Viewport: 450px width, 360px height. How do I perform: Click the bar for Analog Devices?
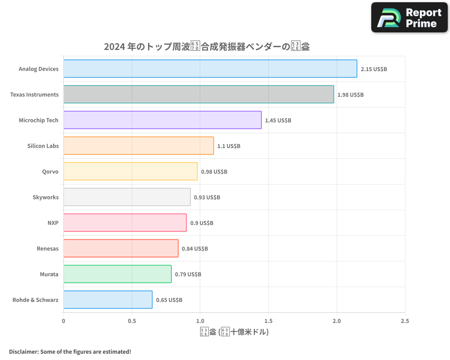[x=210, y=69]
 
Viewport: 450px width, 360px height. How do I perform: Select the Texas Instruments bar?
[x=198, y=94]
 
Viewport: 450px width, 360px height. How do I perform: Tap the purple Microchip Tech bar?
[x=162, y=120]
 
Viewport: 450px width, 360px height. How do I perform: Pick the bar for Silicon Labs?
[x=139, y=146]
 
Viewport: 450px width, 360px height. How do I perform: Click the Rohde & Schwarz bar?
[x=108, y=300]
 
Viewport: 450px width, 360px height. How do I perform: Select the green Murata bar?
[x=117, y=274]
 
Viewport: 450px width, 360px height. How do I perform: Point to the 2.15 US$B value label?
[x=374, y=69]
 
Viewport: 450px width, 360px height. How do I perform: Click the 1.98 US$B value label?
[x=351, y=95]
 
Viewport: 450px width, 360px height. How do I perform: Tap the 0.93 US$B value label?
[x=207, y=198]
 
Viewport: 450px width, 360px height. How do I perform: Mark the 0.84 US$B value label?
[x=195, y=249]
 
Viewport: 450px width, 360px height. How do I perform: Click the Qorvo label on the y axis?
[x=50, y=171]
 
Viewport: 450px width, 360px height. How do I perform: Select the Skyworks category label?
[x=45, y=197]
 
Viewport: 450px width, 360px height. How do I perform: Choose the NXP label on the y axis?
[x=53, y=223]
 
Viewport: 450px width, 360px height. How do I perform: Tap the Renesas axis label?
[x=47, y=248]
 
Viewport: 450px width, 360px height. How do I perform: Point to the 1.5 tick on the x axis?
[x=268, y=321]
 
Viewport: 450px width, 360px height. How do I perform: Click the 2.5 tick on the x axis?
[x=405, y=321]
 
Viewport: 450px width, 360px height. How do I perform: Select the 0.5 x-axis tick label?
[x=132, y=321]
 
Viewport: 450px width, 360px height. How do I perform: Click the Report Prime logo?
[x=409, y=18]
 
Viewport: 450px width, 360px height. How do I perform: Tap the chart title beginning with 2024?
[x=207, y=46]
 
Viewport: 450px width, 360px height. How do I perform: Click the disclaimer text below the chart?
[x=70, y=351]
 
